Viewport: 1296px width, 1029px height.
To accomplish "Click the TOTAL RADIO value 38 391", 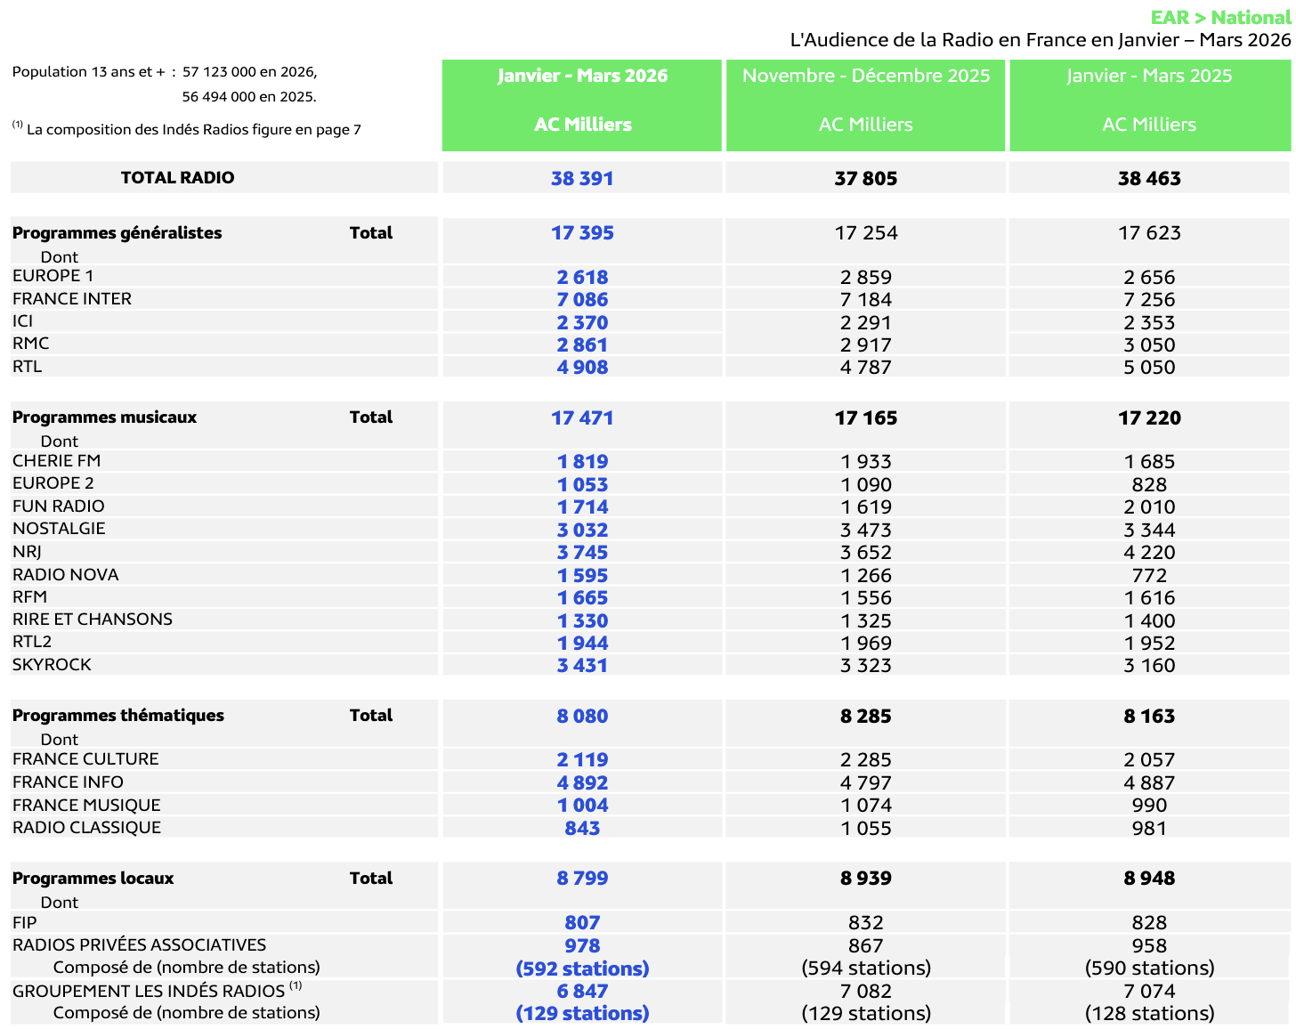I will (x=582, y=178).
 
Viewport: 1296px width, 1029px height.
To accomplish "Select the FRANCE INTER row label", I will (x=72, y=299).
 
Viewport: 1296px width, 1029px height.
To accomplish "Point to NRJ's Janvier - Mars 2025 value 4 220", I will (x=1149, y=553).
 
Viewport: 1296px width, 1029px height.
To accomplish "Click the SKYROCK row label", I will (x=52, y=665).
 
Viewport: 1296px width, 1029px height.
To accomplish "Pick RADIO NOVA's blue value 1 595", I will (x=582, y=576).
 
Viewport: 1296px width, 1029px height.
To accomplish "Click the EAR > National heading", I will (x=1219, y=18).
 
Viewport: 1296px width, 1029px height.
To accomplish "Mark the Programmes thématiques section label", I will (x=118, y=716).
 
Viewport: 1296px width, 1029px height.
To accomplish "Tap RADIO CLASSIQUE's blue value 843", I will (x=582, y=829).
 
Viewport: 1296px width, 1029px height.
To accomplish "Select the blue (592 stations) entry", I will (x=582, y=968).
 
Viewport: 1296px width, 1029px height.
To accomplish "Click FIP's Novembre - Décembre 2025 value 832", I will (x=866, y=923).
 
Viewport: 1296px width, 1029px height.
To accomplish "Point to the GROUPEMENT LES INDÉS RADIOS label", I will (x=149, y=992).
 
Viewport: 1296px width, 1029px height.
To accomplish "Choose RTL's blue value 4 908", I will (x=582, y=368).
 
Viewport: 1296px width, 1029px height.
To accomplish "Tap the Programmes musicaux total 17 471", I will (x=582, y=418).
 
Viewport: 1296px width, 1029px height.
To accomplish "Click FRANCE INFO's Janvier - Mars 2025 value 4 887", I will (x=1149, y=783).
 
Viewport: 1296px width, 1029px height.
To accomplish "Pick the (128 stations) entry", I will (x=1149, y=1013).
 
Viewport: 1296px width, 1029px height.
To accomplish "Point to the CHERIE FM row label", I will (x=57, y=461).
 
